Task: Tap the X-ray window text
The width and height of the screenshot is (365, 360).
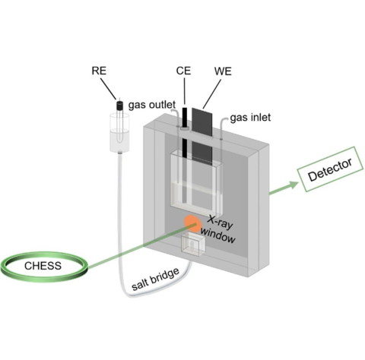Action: (x=219, y=228)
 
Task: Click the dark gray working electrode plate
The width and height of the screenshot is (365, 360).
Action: (x=202, y=122)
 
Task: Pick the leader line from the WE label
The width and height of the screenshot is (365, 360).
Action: (x=214, y=93)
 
